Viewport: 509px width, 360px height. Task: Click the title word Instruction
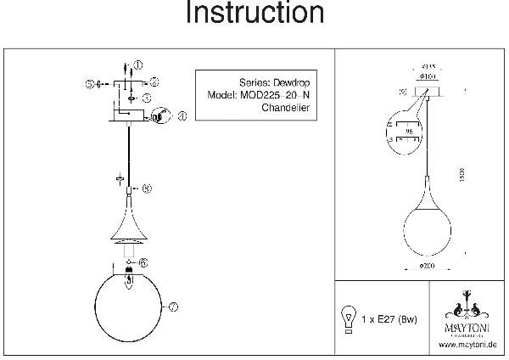click(x=255, y=14)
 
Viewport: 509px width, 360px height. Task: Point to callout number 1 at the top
click(x=139, y=65)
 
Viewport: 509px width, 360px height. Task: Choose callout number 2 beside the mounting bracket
click(x=154, y=82)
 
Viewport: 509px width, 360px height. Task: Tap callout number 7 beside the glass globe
click(x=171, y=307)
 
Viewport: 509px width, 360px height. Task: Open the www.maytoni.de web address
click(x=467, y=344)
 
